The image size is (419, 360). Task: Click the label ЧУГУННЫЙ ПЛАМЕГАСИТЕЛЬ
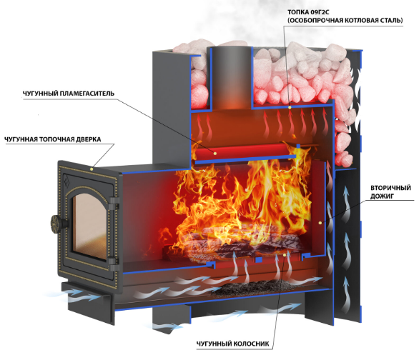click(68, 94)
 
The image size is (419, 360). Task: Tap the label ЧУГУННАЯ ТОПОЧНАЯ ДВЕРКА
click(53, 139)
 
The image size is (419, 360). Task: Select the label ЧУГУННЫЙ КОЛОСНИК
click(233, 344)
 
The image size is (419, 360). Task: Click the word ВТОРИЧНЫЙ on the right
click(390, 188)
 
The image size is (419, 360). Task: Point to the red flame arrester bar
click(242, 151)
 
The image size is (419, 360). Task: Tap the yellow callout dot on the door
click(92, 169)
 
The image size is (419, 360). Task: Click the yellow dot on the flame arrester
click(215, 153)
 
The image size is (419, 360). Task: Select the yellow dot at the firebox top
click(290, 107)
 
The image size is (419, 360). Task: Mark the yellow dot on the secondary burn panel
click(320, 222)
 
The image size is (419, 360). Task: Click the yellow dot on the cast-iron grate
click(285, 255)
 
